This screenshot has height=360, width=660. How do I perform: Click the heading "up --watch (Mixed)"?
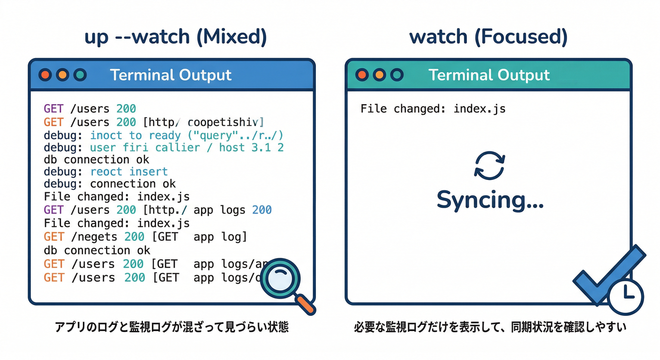coord(175,37)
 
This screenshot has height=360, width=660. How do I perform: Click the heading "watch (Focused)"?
coord(488,37)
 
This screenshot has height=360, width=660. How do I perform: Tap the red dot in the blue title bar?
coord(45,75)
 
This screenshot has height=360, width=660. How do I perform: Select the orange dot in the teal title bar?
coord(380,75)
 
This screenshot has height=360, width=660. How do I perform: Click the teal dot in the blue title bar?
coord(80,75)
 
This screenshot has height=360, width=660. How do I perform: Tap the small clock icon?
coord(626,296)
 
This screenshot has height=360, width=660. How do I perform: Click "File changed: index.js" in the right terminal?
coord(433,109)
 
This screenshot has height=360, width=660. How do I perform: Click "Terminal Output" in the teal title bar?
coord(489,75)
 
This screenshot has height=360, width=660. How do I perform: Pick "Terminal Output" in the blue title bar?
coord(171,75)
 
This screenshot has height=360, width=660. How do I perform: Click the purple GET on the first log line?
coord(53,109)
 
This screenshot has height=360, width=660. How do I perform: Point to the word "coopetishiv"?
coord(223,122)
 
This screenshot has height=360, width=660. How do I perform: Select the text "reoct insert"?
coord(129,172)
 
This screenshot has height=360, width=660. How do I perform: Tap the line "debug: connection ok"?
coord(110,184)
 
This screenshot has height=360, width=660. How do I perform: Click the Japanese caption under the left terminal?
coord(172,327)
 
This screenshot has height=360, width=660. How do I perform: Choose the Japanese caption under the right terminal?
coord(490,327)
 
